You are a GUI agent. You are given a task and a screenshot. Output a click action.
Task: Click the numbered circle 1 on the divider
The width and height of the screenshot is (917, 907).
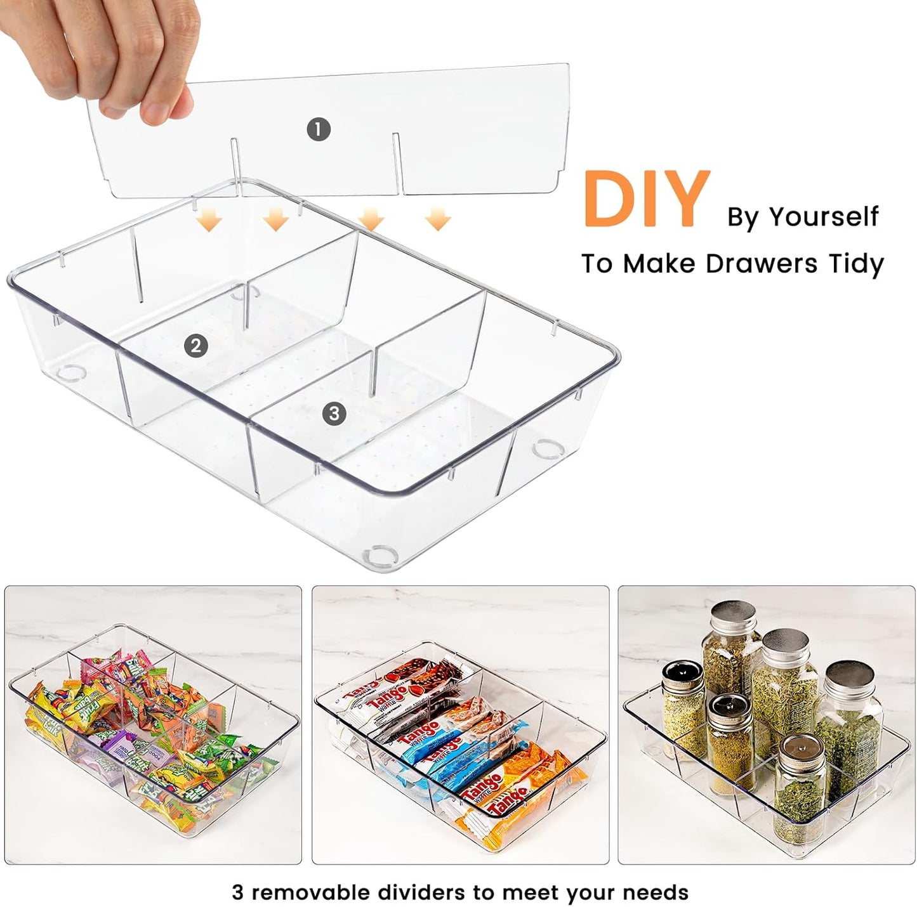point(318,130)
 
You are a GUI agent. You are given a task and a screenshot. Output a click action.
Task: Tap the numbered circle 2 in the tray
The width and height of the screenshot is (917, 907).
point(195,346)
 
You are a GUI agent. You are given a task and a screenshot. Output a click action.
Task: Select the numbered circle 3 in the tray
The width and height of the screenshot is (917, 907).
point(334,414)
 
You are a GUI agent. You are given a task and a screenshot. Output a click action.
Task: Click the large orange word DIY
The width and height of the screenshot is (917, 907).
point(645,199)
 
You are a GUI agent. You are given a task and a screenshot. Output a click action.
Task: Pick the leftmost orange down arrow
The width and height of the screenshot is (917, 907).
point(209,220)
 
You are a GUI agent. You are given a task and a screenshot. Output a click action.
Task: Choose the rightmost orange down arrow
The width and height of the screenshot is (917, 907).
point(437,220)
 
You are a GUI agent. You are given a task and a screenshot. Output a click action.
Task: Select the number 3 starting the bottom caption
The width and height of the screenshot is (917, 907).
point(237,892)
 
